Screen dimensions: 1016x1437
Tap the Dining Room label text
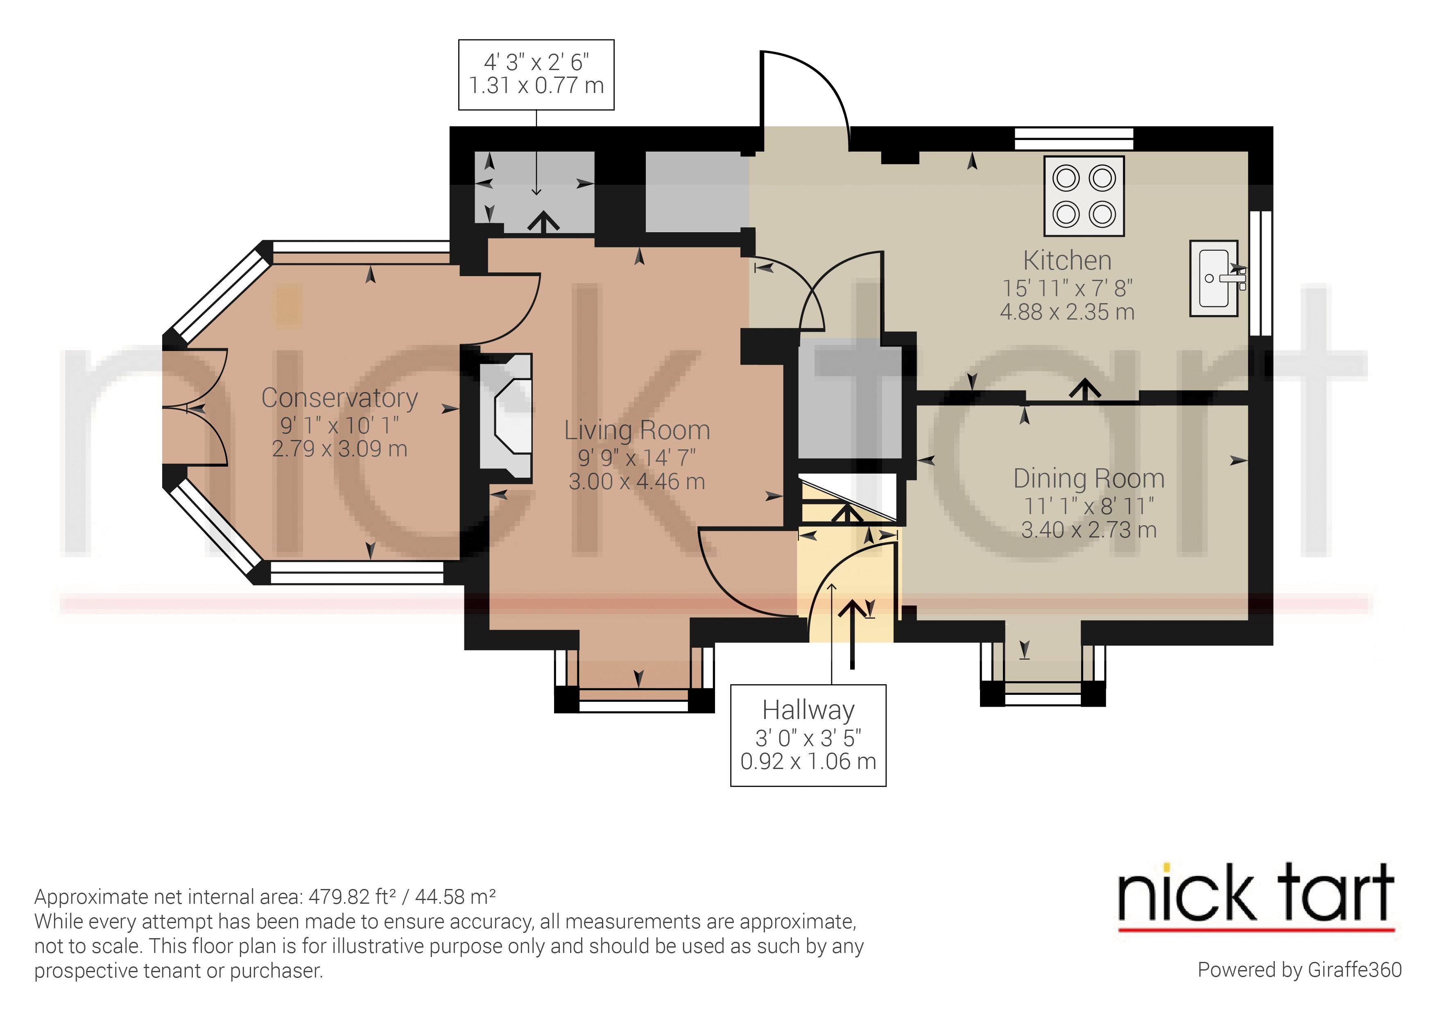(x=1088, y=479)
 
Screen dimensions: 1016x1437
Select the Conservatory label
(x=339, y=398)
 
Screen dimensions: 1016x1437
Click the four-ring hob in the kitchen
(x=1084, y=196)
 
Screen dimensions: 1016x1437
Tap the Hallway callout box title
(x=808, y=710)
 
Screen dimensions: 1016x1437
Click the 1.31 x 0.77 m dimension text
(x=536, y=86)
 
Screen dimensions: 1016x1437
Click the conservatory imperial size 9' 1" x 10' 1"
(x=339, y=426)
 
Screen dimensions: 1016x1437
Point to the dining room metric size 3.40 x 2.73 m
(x=1088, y=530)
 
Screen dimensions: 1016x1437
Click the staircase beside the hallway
(x=848, y=501)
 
